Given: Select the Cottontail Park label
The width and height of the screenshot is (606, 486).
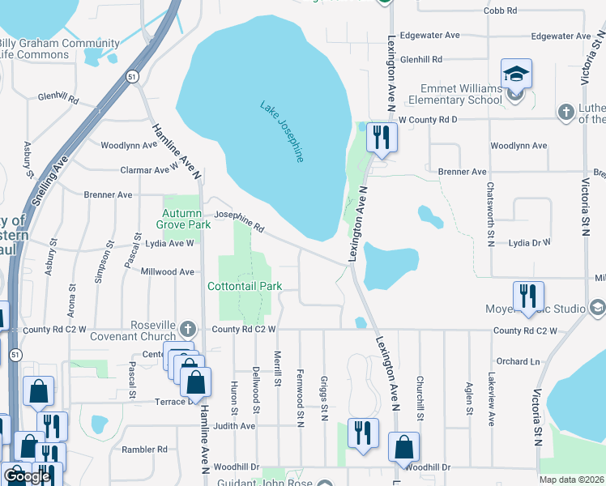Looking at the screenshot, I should [245, 286].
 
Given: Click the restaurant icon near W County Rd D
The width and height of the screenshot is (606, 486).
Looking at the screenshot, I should [380, 138].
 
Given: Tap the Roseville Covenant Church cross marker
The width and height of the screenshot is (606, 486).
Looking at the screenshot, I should [188, 329].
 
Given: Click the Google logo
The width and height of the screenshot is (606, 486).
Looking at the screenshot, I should [26, 476].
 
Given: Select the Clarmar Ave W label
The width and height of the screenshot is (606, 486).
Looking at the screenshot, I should [148, 170].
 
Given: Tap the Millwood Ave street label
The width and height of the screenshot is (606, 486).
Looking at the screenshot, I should [168, 272].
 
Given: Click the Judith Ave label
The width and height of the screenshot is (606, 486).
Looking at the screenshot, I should [234, 425].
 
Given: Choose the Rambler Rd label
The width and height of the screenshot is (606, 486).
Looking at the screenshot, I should [144, 449].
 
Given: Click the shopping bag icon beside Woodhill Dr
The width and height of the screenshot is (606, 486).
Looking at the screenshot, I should [403, 447].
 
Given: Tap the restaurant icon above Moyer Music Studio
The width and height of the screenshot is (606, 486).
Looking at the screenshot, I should [528, 296].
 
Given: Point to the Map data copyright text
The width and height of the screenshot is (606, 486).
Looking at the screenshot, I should [570, 480].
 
